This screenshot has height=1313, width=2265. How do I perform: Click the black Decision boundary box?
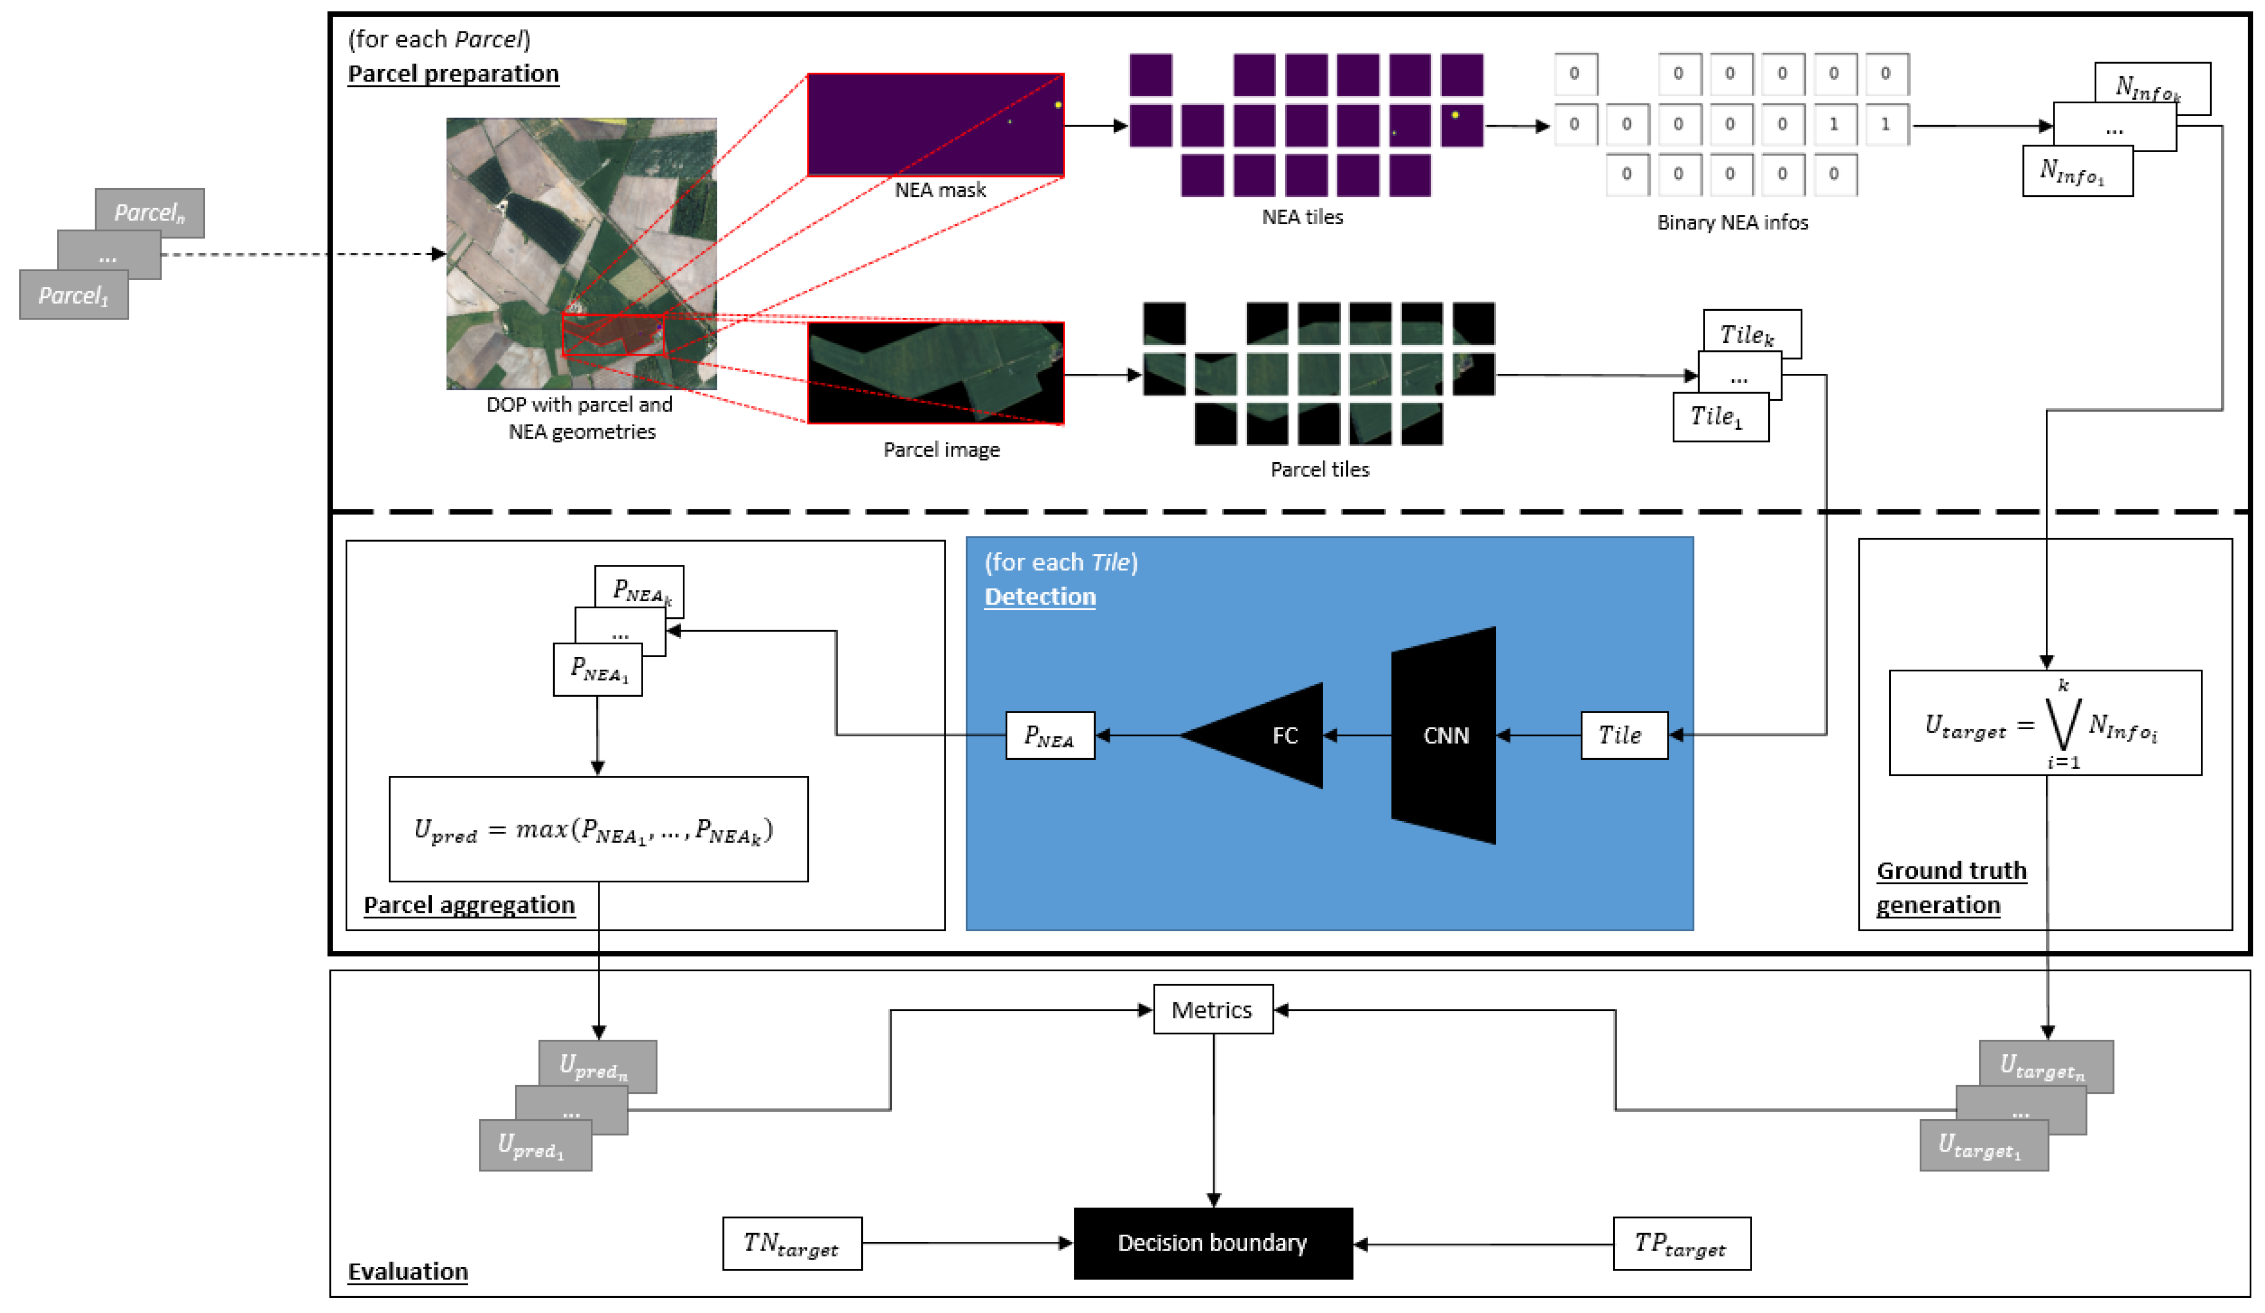pos(1213,1243)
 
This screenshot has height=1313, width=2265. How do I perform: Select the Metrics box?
pos(1213,1010)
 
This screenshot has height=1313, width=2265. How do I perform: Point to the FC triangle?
pos(1267,735)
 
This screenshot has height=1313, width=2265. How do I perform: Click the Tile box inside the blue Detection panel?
pos(1623,735)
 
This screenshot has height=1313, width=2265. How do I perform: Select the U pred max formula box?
pos(598,828)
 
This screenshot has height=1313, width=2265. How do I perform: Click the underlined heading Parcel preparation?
pos(453,74)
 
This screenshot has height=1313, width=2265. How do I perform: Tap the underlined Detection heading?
pos(1039,596)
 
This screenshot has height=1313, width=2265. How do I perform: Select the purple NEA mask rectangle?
pos(935,124)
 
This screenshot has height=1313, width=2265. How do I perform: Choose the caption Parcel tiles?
pos(1318,469)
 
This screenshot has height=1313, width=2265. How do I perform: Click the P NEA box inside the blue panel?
pos(1049,735)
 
